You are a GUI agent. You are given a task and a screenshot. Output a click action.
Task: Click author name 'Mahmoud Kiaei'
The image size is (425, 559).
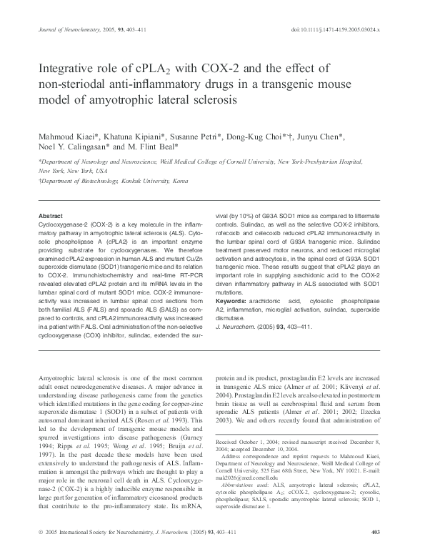pos(66,136)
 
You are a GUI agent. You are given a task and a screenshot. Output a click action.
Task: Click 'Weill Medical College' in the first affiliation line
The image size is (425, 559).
pos(200,162)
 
